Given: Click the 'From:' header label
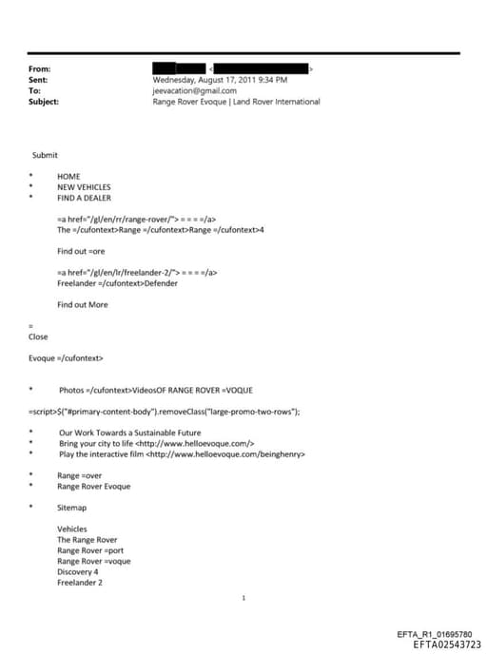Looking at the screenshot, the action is tap(39, 69).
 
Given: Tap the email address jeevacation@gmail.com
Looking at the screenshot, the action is tap(194, 91).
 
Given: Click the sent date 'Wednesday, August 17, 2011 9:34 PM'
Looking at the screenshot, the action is tap(220, 81).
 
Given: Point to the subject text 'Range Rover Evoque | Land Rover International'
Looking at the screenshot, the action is tap(236, 102).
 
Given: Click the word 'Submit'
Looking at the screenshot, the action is tap(45, 155).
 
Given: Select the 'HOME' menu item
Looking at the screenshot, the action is tap(68, 177).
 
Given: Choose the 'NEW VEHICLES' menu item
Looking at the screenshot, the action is tap(84, 187).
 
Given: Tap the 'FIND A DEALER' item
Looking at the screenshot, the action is tap(84, 198).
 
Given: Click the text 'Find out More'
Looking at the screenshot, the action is tap(83, 304).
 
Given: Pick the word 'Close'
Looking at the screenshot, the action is tap(39, 337).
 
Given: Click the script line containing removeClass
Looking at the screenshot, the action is tap(165, 411).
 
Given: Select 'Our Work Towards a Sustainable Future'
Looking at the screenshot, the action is tap(128, 433).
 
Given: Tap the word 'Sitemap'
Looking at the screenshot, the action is tap(71, 508).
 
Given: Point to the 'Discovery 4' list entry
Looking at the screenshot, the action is tap(78, 572).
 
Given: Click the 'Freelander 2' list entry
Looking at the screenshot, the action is tap(79, 583).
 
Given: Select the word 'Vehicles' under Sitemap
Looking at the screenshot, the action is tap(72, 529).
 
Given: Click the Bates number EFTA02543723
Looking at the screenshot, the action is tap(440, 644).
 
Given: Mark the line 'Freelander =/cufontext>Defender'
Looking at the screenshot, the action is tap(117, 283).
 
